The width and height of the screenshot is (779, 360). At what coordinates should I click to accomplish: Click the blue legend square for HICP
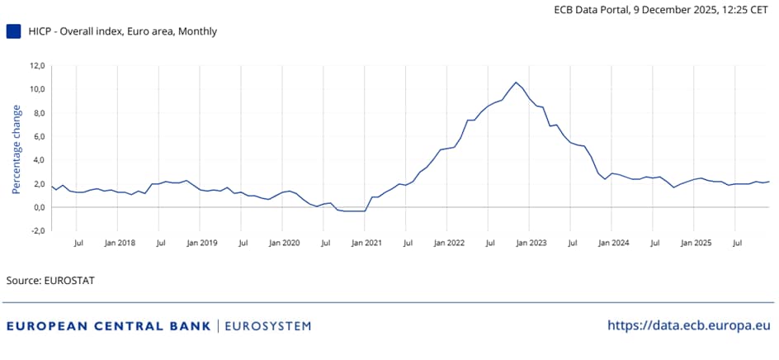[13, 31]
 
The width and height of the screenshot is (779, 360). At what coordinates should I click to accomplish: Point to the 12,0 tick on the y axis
[36, 65]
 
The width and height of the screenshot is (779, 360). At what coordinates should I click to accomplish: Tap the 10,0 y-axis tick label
[36, 89]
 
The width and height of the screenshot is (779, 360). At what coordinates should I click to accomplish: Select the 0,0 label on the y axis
[38, 207]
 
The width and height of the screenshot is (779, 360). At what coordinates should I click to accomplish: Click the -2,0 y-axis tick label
[36, 231]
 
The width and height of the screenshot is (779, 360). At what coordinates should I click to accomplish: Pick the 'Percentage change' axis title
[16, 149]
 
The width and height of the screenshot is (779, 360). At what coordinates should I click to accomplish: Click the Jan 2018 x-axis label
[120, 244]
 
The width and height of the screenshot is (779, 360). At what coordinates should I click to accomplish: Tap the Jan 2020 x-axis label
[285, 244]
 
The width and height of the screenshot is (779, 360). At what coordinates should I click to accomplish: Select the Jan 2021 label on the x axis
[366, 244]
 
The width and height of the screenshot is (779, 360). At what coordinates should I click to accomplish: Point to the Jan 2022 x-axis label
[449, 244]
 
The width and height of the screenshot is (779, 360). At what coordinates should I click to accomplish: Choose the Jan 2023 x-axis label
[531, 244]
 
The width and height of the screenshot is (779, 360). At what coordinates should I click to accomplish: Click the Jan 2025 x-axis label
[696, 244]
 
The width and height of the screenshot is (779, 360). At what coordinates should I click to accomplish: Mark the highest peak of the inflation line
[516, 82]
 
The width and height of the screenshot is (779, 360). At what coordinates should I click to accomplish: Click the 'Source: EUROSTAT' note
[50, 281]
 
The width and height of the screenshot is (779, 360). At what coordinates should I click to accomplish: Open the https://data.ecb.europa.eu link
[689, 325]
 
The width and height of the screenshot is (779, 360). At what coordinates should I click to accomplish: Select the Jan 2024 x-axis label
[614, 244]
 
